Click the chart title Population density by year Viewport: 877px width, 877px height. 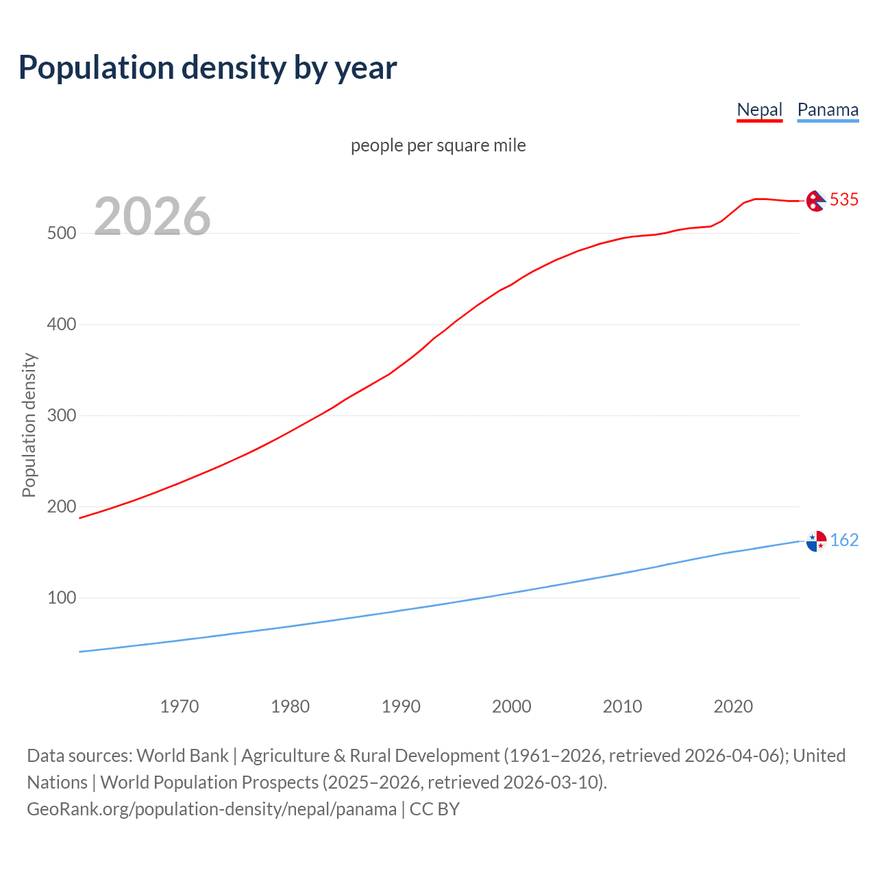pos(208,67)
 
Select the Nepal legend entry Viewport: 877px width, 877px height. pos(759,110)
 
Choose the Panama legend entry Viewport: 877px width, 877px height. pos(828,110)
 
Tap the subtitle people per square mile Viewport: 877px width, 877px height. pos(438,145)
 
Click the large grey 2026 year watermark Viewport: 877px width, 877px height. pos(152,217)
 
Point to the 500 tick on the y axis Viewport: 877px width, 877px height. pos(62,233)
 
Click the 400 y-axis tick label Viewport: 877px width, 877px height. pos(62,324)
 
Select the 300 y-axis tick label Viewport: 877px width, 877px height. pos(62,415)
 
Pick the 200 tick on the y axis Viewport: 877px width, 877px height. pos(62,506)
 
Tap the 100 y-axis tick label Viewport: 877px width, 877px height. pos(62,597)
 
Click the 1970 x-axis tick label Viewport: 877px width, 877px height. pos(180,706)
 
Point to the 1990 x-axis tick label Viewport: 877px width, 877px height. pos(401,706)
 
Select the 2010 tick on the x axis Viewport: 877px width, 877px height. pos(622,706)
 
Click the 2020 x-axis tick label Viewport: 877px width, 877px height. pos(733,706)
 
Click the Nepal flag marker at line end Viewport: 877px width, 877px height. pos(815,201)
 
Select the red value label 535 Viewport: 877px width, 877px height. pos(844,199)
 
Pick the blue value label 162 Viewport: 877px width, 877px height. pos(844,540)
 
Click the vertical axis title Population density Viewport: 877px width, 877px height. pos(29,425)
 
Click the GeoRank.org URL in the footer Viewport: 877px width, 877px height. pos(212,809)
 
